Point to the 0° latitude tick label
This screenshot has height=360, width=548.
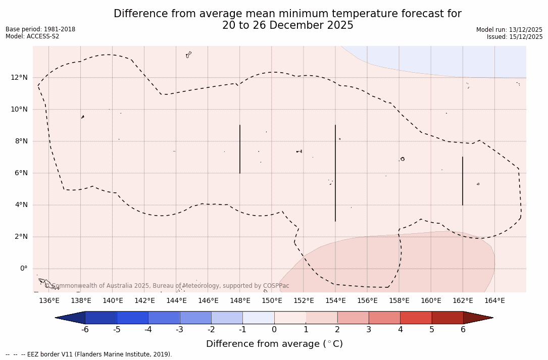point(23,269)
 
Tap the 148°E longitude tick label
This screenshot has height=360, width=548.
point(240,301)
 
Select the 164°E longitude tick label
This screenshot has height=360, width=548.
point(494,301)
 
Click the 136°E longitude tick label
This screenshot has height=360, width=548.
point(49,301)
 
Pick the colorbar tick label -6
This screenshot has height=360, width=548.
point(85,330)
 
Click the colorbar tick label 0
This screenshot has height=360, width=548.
point(274,330)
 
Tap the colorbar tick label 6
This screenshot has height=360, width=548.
point(463,330)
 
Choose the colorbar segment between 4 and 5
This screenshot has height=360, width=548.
point(416,318)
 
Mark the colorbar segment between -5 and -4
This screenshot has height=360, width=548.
point(132,318)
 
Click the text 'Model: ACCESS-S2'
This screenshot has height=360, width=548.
point(32,36)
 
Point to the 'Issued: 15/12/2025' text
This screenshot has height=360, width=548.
point(515,37)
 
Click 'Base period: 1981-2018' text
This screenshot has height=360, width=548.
point(40,29)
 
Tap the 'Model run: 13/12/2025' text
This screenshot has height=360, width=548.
point(509,30)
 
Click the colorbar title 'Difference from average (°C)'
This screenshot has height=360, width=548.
point(274,344)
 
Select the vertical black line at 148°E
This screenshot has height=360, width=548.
point(240,149)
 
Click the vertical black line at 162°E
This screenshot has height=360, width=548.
point(463,181)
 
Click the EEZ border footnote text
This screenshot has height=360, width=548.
point(88,354)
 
